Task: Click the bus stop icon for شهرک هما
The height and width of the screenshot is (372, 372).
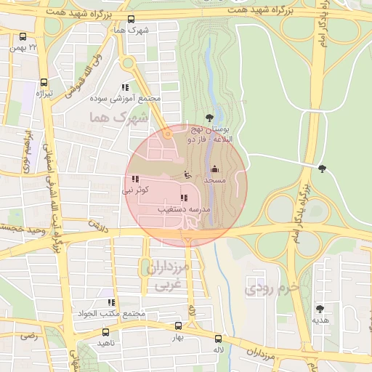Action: pyautogui.click(x=131, y=20)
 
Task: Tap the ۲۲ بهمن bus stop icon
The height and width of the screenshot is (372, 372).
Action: pyautogui.click(x=23, y=36)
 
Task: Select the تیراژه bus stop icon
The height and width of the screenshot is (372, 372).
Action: pyautogui.click(x=44, y=82)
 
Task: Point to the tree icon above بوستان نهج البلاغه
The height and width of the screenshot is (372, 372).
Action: pyautogui.click(x=210, y=116)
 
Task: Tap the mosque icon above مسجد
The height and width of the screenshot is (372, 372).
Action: pyautogui.click(x=214, y=169)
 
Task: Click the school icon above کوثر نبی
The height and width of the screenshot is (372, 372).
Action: pyautogui.click(x=136, y=179)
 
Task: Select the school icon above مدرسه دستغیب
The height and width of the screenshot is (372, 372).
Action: pyautogui.click(x=184, y=198)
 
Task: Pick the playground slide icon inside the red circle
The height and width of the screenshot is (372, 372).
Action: pyautogui.click(x=187, y=174)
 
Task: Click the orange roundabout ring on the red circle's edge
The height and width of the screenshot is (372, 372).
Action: pyautogui.click(x=168, y=134)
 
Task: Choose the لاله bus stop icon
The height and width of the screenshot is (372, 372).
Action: pyautogui.click(x=218, y=338)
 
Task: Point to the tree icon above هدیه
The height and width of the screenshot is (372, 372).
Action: pyautogui.click(x=320, y=309)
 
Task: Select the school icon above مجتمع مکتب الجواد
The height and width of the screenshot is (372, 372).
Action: pyautogui.click(x=110, y=302)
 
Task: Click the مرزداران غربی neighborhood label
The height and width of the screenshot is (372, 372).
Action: pyautogui.click(x=168, y=277)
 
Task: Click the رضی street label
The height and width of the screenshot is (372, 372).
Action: pyautogui.click(x=28, y=336)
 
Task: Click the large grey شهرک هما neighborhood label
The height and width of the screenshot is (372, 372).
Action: pyautogui.click(x=117, y=116)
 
